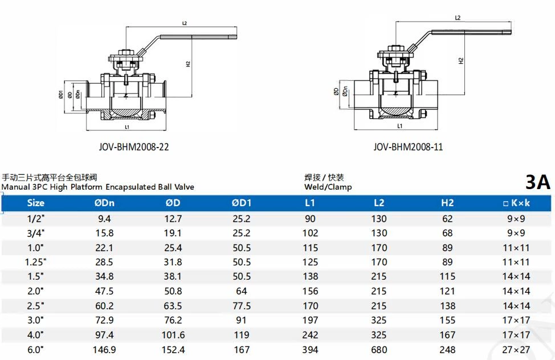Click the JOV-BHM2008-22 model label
click(134, 147)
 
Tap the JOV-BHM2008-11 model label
click(408, 147)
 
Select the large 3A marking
click(537, 182)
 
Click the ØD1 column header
click(241, 203)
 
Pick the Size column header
click(35, 203)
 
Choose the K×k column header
click(516, 203)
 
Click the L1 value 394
click(310, 350)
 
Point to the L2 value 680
click(379, 350)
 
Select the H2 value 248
click(447, 350)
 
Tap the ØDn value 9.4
click(105, 219)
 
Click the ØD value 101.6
click(173, 335)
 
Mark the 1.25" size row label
click(35, 262)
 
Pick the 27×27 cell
click(516, 350)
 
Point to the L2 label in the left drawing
click(185, 23)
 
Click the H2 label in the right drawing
click(461, 60)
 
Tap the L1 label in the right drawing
click(399, 126)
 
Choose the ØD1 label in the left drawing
click(60, 96)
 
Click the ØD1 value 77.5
click(241, 306)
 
